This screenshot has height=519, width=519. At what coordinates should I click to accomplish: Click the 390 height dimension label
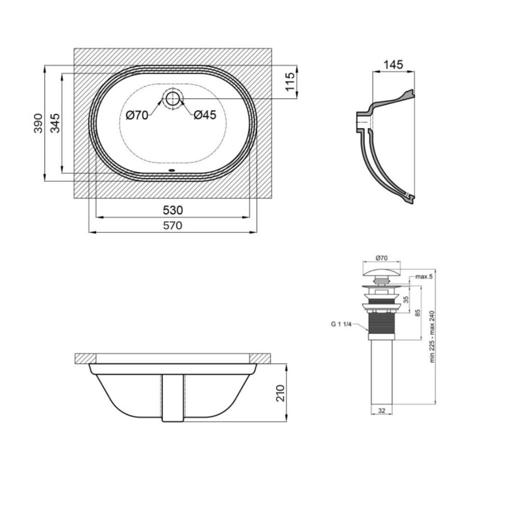coord(38,123)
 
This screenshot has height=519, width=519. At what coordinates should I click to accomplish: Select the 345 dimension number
coord(55,123)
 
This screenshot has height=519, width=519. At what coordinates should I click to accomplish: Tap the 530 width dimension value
coord(173,210)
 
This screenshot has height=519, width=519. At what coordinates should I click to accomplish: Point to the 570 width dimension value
coord(173,225)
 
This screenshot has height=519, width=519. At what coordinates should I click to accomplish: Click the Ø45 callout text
coord(205,115)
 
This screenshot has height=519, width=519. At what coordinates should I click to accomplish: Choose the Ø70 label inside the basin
coord(137,116)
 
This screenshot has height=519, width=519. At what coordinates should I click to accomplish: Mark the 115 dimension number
coord(290,82)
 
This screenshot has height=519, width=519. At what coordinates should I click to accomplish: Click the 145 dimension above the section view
coord(393,64)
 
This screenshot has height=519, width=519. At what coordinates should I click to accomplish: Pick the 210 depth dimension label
coord(280,393)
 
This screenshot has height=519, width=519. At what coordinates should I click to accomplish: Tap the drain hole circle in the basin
coord(172,98)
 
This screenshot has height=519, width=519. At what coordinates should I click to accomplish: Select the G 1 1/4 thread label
coord(341,324)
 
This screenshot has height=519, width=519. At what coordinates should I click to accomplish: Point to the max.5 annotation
coord(424,277)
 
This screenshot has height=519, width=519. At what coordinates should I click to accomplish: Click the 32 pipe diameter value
coord(381,411)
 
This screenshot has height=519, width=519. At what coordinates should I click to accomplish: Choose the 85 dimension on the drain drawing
coord(418,313)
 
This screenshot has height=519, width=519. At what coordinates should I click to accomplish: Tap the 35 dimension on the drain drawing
coord(406,299)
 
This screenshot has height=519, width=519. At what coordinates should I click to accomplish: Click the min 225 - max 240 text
coord(432,337)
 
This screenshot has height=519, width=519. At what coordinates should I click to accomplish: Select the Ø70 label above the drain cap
coord(381,258)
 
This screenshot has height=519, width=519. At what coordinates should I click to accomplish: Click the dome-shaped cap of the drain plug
coord(381,272)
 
